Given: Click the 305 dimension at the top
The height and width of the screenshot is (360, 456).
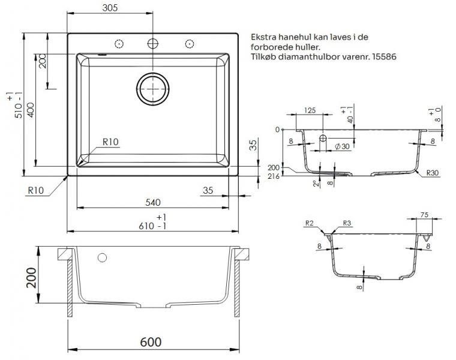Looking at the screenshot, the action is (x=110, y=8).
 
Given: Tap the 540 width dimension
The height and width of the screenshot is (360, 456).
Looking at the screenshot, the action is (x=152, y=202).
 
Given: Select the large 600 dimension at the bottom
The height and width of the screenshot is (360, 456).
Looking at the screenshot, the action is (x=151, y=342).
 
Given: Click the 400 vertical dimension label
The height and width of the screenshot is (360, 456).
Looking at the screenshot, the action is (x=31, y=110).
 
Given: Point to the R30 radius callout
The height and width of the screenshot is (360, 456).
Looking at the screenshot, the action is (x=432, y=173).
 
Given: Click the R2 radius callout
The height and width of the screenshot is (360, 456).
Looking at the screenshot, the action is (x=310, y=223).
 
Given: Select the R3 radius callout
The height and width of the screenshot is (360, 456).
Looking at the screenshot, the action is (x=347, y=223).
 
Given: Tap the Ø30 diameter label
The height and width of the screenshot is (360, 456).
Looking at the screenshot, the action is (x=342, y=146).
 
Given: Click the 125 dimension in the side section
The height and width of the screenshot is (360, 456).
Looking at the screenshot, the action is (x=310, y=110).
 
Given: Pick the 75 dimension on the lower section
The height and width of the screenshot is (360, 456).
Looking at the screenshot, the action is (x=424, y=215).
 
